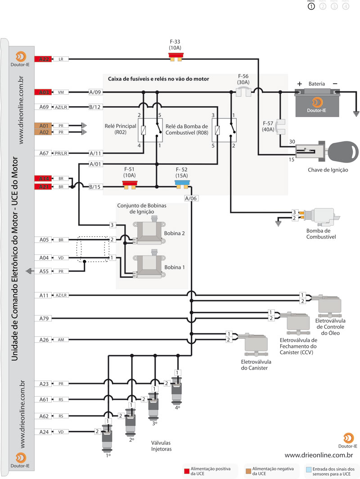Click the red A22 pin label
(x=43, y=59)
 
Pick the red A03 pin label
(x=43, y=92)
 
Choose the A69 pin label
(x=43, y=107)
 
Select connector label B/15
(x=95, y=186)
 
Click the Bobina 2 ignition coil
(x=150, y=232)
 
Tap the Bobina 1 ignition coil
(x=150, y=266)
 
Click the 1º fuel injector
(x=108, y=437)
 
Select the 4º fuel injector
(x=177, y=387)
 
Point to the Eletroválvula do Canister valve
(x=253, y=344)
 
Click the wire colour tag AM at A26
(x=61, y=339)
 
